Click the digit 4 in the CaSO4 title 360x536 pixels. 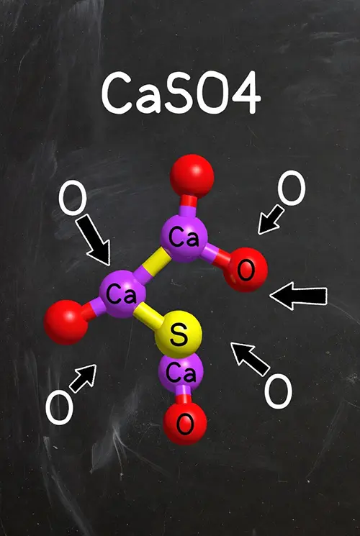tap(246, 92)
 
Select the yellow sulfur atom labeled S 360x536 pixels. tap(179, 335)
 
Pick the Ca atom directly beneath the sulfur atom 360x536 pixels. tap(181, 373)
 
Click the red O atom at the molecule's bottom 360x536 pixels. tap(185, 423)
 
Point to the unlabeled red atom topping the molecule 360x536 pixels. tap(192, 176)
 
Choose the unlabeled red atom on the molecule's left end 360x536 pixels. tap(66, 322)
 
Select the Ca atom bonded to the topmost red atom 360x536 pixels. tap(184, 238)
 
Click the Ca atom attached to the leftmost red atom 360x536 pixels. tap(122, 294)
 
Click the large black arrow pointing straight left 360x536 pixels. tap(299, 296)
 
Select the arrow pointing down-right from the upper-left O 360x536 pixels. tap(93, 241)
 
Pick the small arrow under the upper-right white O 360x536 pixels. tap(271, 220)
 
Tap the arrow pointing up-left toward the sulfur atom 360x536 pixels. tap(250, 359)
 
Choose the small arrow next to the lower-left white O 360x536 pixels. tap(83, 378)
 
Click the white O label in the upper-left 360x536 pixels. tap(73, 198)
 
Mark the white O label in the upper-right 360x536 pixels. tap(292, 188)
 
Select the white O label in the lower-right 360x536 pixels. tap(279, 391)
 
